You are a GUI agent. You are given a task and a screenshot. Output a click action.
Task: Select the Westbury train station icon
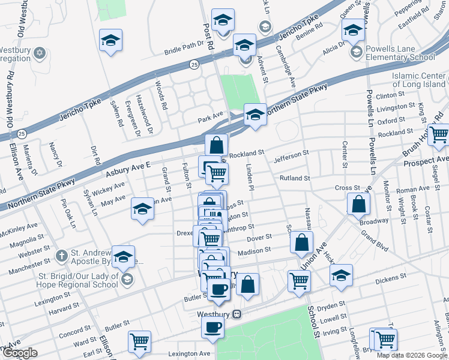click(x=237, y=314)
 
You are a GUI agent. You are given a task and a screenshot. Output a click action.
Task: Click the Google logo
click(x=20, y=353)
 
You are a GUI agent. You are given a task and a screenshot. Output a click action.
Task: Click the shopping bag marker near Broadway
click(x=358, y=204)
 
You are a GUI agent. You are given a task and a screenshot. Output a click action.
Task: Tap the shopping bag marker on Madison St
click(x=301, y=242)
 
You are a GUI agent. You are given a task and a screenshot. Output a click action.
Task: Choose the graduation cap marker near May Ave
click(x=142, y=209)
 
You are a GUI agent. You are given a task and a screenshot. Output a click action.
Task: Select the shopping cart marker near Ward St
click(x=139, y=341)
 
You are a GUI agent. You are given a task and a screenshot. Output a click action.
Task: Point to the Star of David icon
click(x=40, y=53)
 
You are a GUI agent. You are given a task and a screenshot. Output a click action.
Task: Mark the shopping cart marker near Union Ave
click(x=299, y=280)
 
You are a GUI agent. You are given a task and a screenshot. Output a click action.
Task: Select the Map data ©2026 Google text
click(x=411, y=355)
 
